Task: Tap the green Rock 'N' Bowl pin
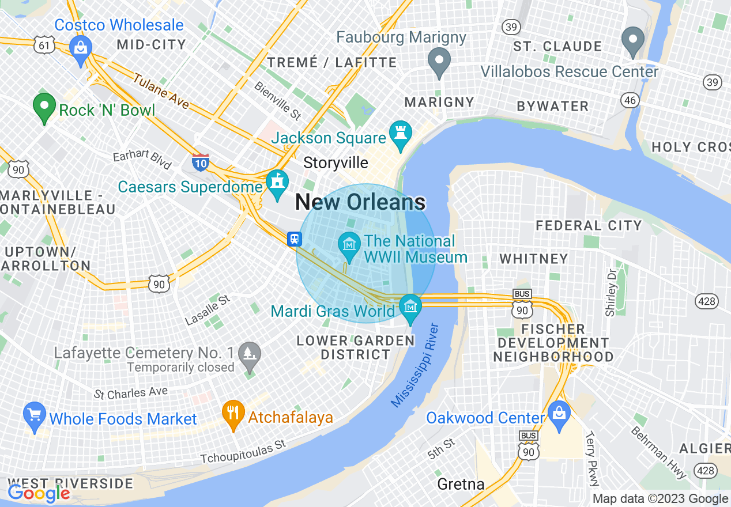44,107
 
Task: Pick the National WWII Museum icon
349,245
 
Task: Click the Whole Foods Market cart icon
35,415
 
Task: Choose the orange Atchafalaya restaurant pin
233,414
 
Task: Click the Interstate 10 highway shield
201,162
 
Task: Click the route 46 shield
630,101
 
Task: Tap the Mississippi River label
415,366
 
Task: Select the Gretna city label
461,485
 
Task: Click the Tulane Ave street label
161,91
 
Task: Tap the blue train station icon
295,239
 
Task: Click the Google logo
39,493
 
